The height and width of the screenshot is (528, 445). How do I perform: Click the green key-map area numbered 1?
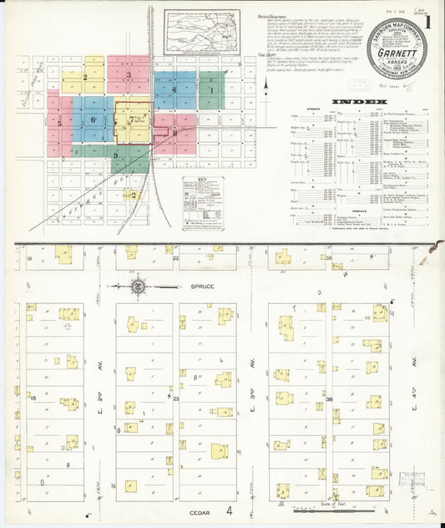(x=211, y=90)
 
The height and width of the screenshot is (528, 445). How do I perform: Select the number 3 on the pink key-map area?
(x=129, y=75)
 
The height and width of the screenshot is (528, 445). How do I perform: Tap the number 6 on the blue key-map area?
(x=93, y=120)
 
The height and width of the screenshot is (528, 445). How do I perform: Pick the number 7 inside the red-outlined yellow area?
(x=129, y=119)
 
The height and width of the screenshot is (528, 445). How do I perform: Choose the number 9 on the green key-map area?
(x=116, y=155)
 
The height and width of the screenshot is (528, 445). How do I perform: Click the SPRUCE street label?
(x=201, y=287)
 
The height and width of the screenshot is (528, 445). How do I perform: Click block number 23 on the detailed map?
(x=176, y=399)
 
